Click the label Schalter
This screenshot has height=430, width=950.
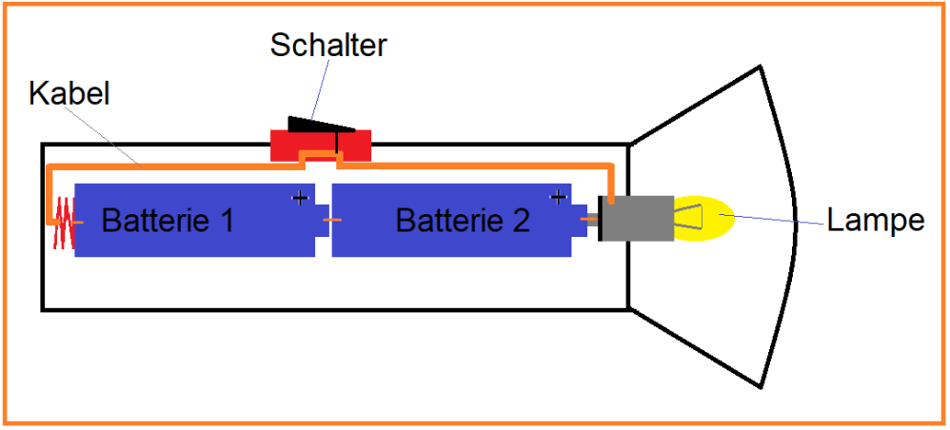328,45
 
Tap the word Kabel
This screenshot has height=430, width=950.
69,93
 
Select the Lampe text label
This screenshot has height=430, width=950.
875,221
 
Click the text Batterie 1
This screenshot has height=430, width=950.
168,221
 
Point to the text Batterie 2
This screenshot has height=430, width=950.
463,221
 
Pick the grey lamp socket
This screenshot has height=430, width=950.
637,219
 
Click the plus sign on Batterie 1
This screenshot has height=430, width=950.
300,198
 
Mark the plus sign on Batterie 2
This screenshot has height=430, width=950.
557,198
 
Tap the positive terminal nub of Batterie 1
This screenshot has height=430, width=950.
323,221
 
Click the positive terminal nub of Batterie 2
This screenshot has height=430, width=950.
580,221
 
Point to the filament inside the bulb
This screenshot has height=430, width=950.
689,219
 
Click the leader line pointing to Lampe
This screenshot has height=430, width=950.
771,221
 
